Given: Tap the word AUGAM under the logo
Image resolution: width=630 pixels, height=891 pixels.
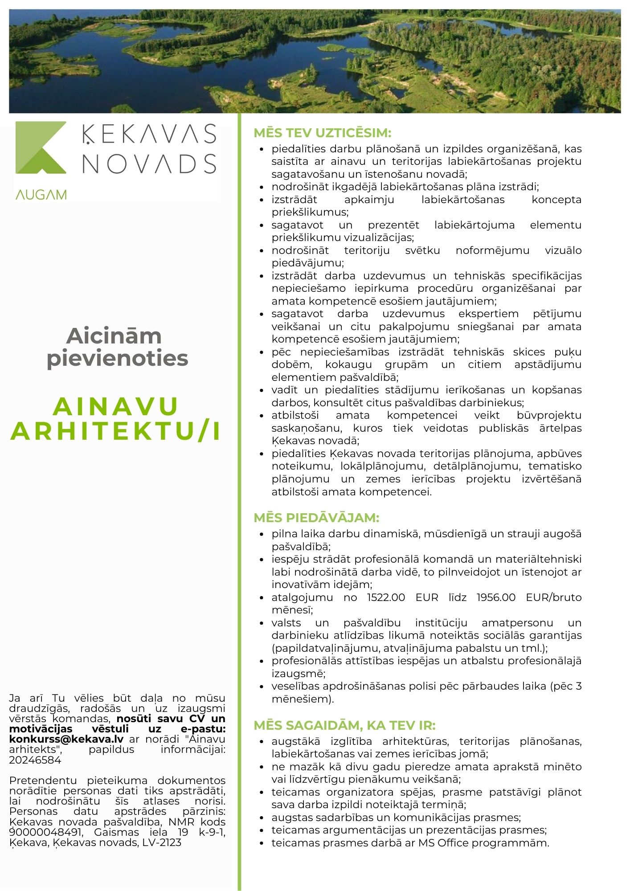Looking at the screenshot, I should click(41, 195).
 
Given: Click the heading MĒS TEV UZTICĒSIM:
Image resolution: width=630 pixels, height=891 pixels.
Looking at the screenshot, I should click(322, 133).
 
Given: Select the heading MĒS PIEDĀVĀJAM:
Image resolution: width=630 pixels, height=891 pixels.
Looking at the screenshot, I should click(316, 518).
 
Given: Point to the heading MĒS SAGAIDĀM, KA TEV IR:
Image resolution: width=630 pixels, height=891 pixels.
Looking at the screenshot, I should click(344, 725).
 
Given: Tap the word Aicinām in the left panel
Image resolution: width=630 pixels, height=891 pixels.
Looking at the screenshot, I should click(114, 336).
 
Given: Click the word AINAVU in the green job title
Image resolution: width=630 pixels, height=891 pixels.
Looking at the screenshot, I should click(116, 406).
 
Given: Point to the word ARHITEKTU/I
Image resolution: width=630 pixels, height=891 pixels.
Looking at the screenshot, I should click(116, 431).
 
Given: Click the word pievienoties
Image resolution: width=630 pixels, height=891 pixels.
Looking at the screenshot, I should click(117, 358).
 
